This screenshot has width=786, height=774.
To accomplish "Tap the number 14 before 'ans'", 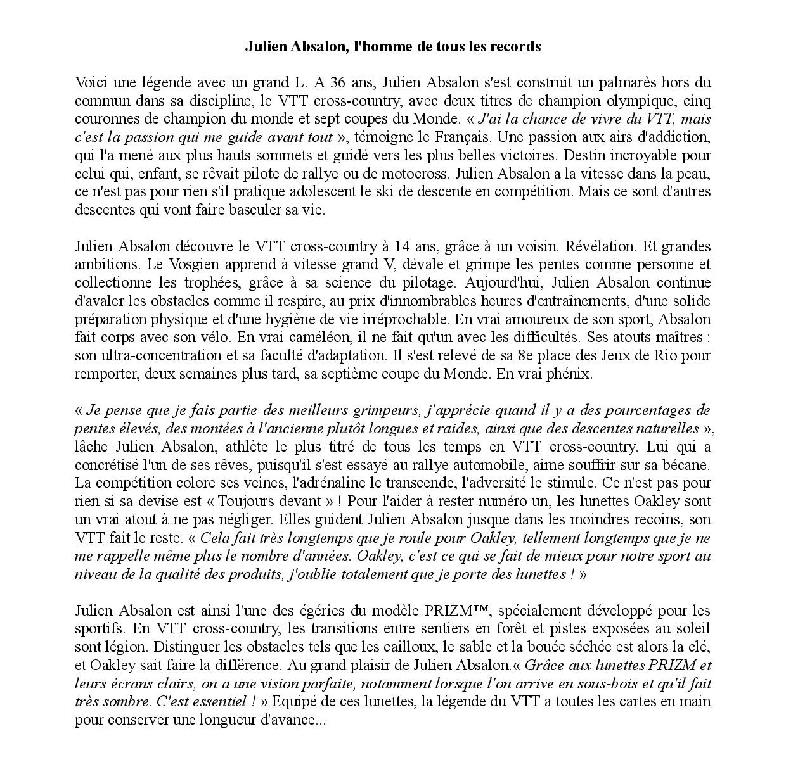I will coord(402,246).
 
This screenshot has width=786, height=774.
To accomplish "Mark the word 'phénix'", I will coord(570,374).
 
